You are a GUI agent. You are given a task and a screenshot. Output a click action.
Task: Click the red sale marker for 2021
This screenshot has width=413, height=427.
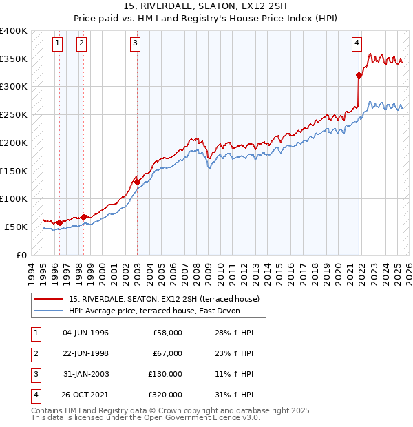point(359,75)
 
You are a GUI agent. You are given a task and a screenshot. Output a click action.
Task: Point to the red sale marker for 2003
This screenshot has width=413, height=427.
point(137,182)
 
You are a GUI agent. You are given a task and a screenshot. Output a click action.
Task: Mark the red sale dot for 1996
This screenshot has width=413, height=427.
point(59,222)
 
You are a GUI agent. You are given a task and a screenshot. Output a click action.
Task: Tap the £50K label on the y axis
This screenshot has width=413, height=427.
point(16,227)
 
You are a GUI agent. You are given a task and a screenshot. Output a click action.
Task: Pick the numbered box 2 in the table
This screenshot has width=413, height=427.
point(35,353)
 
